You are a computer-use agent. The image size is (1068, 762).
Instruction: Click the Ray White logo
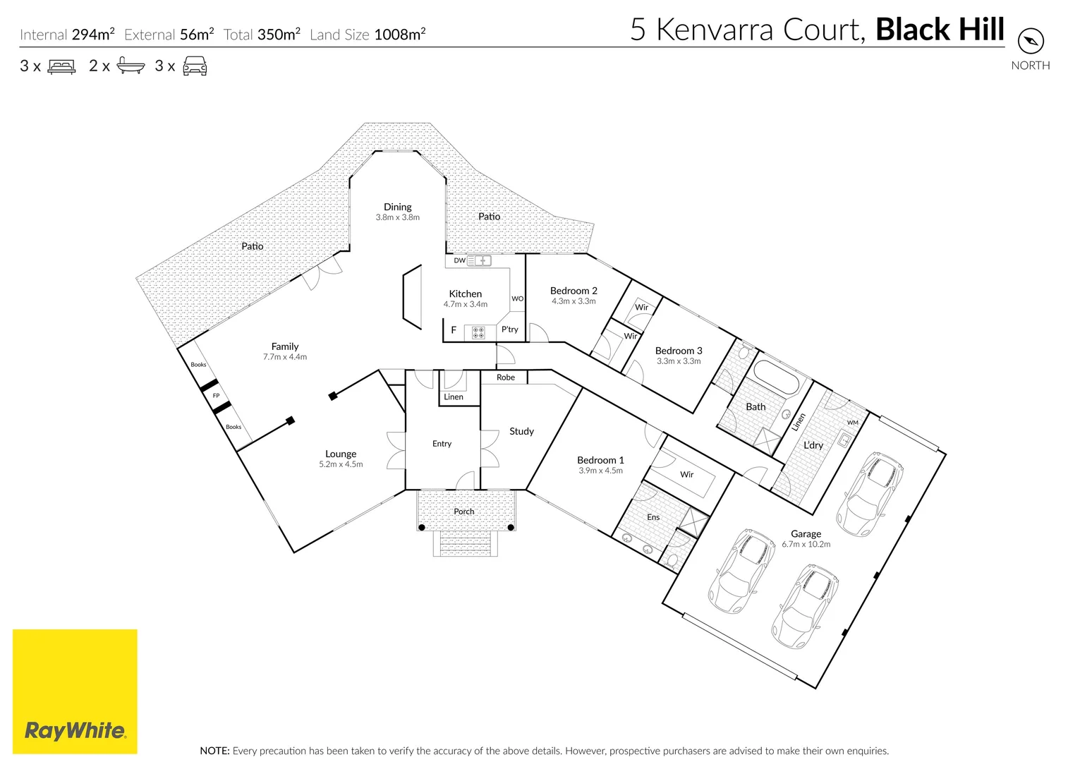(75, 691)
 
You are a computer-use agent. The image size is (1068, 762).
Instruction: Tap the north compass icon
(1031, 40)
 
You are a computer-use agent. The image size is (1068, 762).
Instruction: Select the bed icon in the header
(61, 67)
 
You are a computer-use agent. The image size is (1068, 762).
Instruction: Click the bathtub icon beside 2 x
(131, 66)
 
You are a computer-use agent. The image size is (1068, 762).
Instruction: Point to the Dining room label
(397, 207)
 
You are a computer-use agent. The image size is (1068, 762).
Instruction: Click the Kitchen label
(466, 294)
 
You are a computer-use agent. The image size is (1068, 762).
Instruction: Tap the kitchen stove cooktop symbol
(478, 332)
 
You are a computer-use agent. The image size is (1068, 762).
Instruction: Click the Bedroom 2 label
(574, 291)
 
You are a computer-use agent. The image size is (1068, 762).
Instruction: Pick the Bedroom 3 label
(679, 351)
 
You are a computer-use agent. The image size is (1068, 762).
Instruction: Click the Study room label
(521, 431)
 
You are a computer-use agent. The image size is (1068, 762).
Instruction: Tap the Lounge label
(341, 454)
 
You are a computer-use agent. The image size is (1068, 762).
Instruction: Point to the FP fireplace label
(216, 396)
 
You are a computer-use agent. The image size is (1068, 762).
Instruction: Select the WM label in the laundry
(853, 423)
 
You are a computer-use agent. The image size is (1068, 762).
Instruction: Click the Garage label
(806, 534)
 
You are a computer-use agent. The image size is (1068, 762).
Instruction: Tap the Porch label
(464, 512)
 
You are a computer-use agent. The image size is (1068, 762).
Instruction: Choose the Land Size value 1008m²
(399, 35)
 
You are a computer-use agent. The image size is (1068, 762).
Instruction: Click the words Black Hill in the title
(940, 30)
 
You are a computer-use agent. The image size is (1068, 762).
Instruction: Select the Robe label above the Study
(506, 377)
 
